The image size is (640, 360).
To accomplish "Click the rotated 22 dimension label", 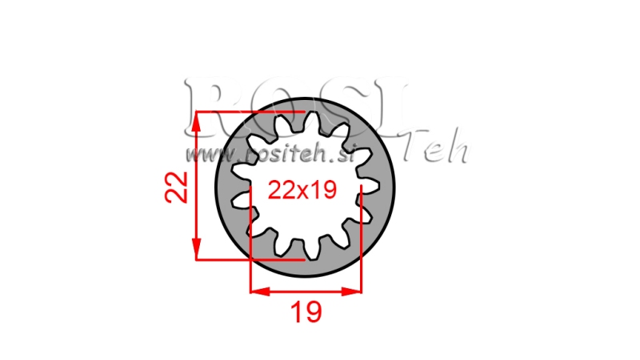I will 180,186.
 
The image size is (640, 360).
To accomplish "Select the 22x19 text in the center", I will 302,191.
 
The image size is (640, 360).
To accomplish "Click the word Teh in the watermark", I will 437,147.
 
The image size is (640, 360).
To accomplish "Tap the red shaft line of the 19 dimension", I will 306,290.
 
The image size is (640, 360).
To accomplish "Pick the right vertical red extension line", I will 362,240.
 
